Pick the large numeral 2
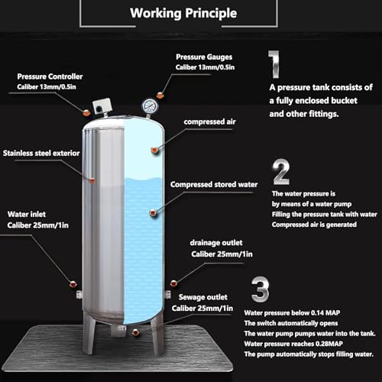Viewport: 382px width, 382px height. [x=280, y=173]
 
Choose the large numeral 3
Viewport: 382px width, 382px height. [x=260, y=291]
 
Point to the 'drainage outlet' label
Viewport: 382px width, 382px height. [x=215, y=244]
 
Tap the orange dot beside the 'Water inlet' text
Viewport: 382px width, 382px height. [x=73, y=284]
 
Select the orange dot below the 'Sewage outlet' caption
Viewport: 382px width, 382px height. [x=135, y=332]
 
